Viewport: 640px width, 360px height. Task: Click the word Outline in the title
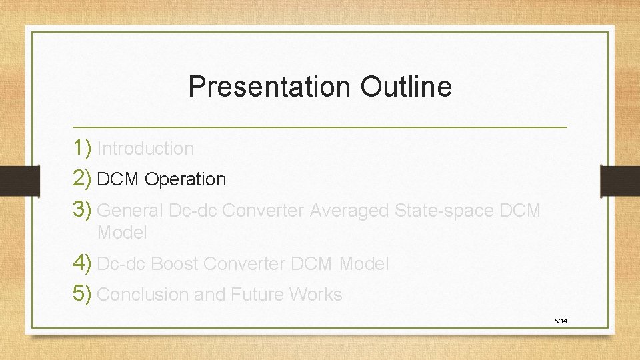tap(406, 87)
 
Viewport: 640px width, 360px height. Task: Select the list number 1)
tap(83, 148)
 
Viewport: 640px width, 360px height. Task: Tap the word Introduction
tap(145, 149)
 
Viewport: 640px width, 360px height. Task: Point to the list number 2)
tap(83, 179)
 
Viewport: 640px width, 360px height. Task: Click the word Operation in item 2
tap(185, 180)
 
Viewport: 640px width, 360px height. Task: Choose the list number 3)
tap(83, 210)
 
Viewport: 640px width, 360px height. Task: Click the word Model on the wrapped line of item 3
tap(122, 233)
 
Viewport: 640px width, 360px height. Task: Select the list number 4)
tap(83, 263)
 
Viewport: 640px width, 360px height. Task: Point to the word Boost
tap(175, 264)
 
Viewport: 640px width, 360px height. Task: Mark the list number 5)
tap(83, 294)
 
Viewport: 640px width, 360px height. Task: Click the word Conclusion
tap(143, 295)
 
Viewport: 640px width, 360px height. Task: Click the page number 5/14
tap(561, 321)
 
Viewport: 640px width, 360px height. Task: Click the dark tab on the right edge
tap(620, 181)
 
